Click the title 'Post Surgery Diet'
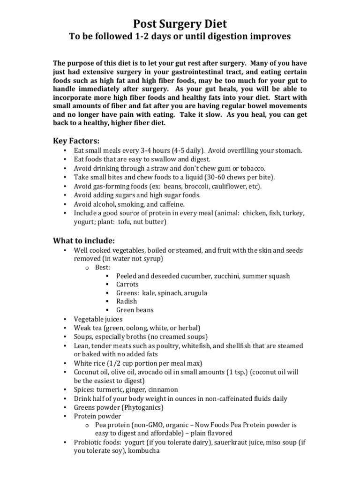[x=180, y=24]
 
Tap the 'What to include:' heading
[x=83, y=240]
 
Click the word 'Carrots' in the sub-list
[x=127, y=284]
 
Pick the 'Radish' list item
[x=127, y=301]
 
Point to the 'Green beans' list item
[x=135, y=310]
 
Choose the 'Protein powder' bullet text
[x=97, y=416]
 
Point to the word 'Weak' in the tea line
[x=82, y=328]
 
